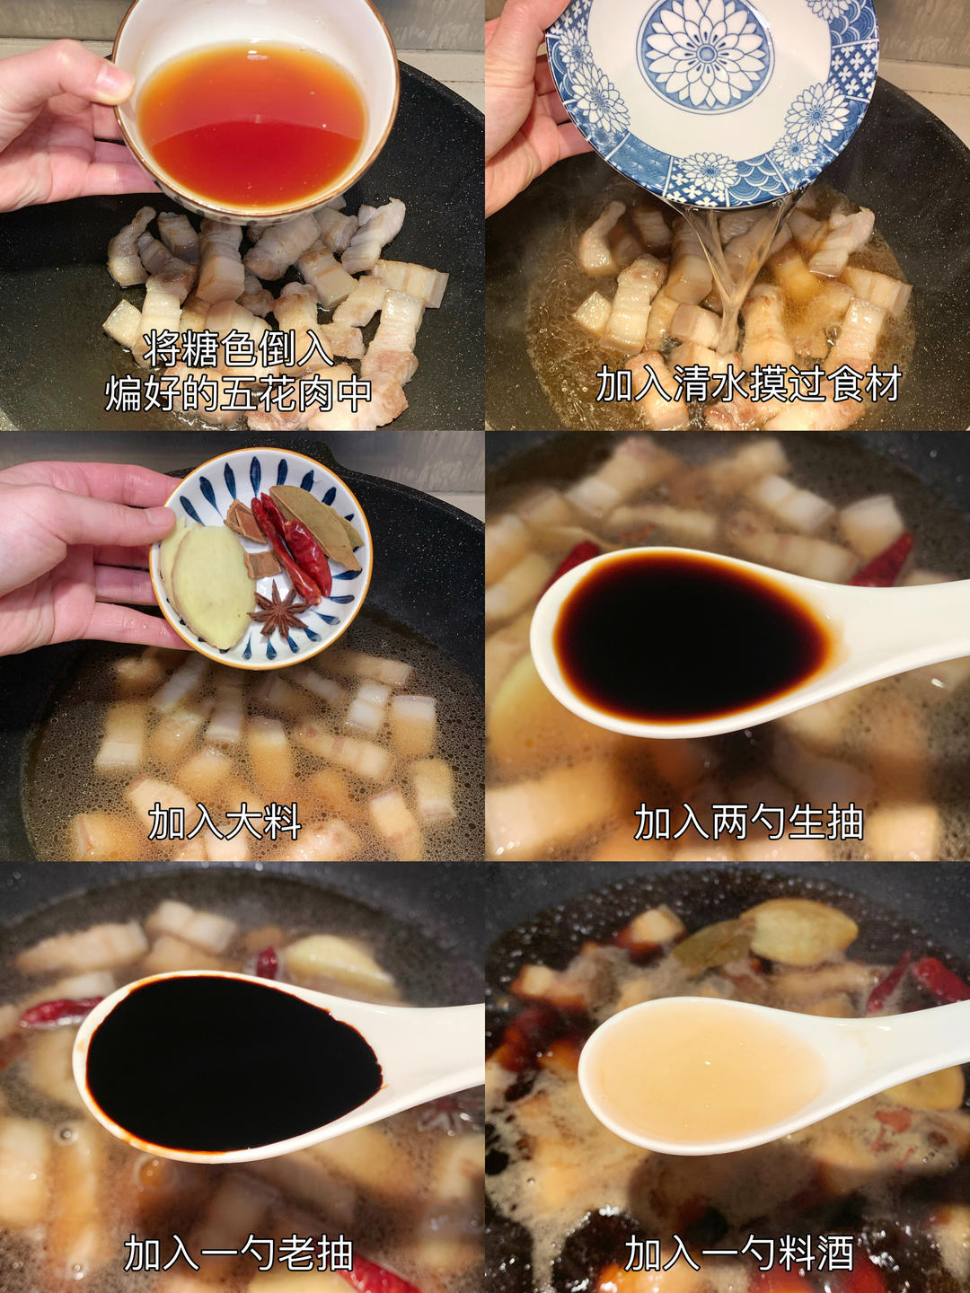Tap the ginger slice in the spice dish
(212, 583)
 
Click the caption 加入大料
(225, 822)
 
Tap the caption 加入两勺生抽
(748, 822)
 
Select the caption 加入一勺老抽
(238, 1253)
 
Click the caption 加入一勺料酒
(738, 1253)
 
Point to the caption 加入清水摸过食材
(748, 384)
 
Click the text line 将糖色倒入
(238, 348)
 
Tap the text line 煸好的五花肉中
(238, 393)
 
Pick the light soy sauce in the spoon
(692, 638)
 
